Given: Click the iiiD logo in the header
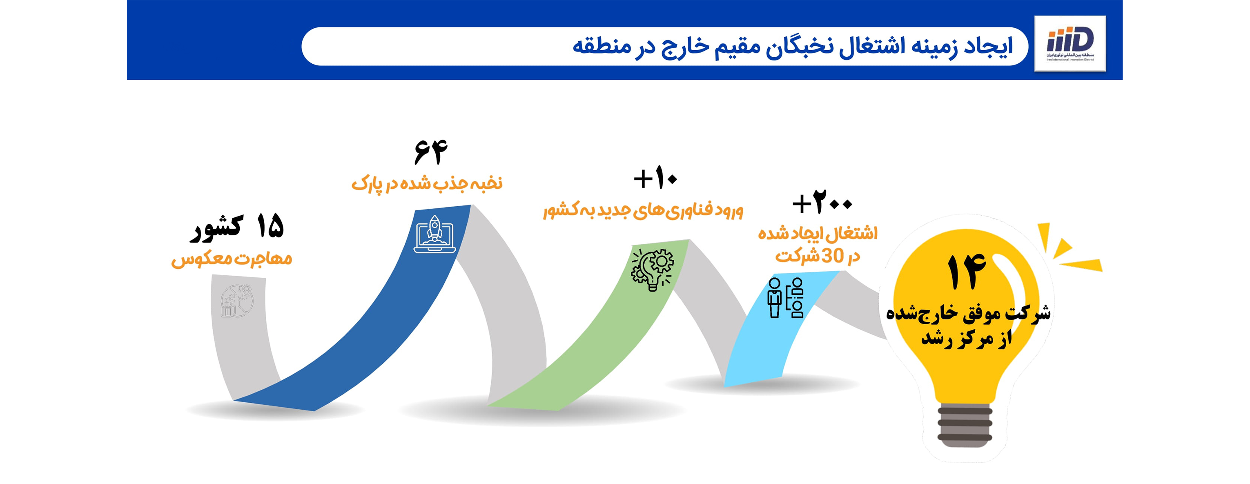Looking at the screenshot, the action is [x=1070, y=43].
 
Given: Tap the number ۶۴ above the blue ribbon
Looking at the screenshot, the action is [x=430, y=152].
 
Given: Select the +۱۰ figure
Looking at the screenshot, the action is [x=655, y=178].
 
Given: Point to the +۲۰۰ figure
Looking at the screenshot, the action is [x=822, y=203].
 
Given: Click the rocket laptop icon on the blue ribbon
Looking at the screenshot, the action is [x=434, y=234].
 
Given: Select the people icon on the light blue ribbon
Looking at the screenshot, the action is [x=785, y=298].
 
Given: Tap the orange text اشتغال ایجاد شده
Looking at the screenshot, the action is [x=818, y=234].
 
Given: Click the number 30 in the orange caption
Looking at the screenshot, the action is [x=833, y=256].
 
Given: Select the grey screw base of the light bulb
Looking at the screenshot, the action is [x=965, y=425].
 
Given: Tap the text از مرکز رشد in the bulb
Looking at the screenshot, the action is [x=967, y=338].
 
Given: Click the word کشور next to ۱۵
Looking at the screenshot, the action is [x=216, y=228].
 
